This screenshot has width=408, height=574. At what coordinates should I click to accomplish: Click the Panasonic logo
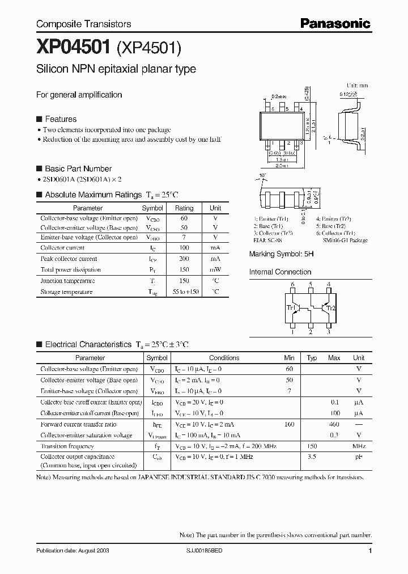pos(335,23)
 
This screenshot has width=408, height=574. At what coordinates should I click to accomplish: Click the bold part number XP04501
pos(73,49)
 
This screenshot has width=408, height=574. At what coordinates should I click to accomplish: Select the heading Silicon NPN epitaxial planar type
pos(116,69)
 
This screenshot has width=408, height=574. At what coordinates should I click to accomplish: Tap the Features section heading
pos(61,119)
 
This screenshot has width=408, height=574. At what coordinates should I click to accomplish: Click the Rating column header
pos(184,208)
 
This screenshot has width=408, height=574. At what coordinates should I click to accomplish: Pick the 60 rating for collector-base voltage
pos(184,218)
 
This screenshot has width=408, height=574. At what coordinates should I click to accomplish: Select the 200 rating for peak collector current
pos(184,259)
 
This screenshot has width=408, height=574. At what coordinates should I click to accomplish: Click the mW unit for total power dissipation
pos(215,269)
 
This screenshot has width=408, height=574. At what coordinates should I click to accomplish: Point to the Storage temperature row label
pos(66,292)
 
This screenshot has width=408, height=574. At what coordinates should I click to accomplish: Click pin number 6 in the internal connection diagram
pos(292,285)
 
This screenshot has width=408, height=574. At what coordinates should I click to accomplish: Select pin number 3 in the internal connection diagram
pos(329,333)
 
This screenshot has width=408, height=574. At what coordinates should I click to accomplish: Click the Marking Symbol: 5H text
pos(281,255)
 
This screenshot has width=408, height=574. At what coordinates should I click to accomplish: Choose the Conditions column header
pos(224,358)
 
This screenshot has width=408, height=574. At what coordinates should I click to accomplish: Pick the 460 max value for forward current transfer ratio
pos(334,424)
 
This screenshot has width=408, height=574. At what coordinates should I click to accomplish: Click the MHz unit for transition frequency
pos(358,446)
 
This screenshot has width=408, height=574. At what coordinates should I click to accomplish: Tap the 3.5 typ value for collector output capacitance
pos(312,456)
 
